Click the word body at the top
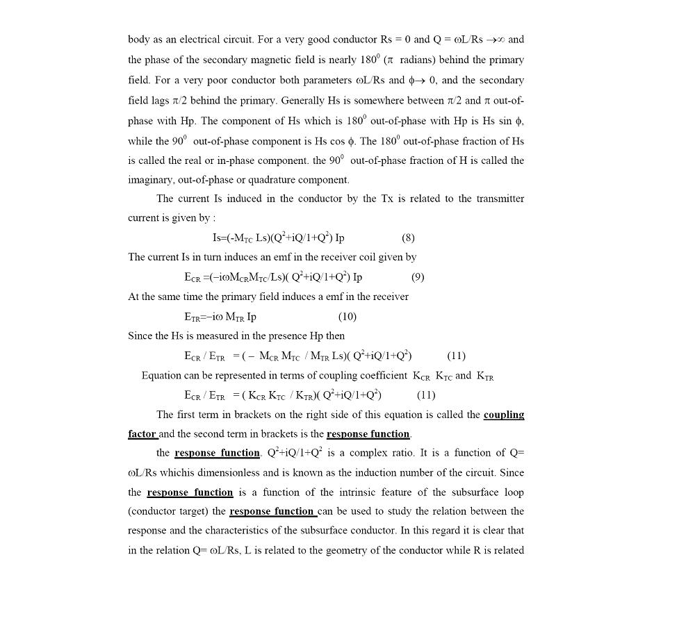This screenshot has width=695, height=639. pos(138,40)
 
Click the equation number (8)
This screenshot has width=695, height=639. pos(408,238)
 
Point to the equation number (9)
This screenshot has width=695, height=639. pos(418,277)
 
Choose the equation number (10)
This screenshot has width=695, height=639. pos(347,317)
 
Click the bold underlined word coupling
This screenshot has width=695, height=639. pos(504,415)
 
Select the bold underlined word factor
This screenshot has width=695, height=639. pos(142,434)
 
